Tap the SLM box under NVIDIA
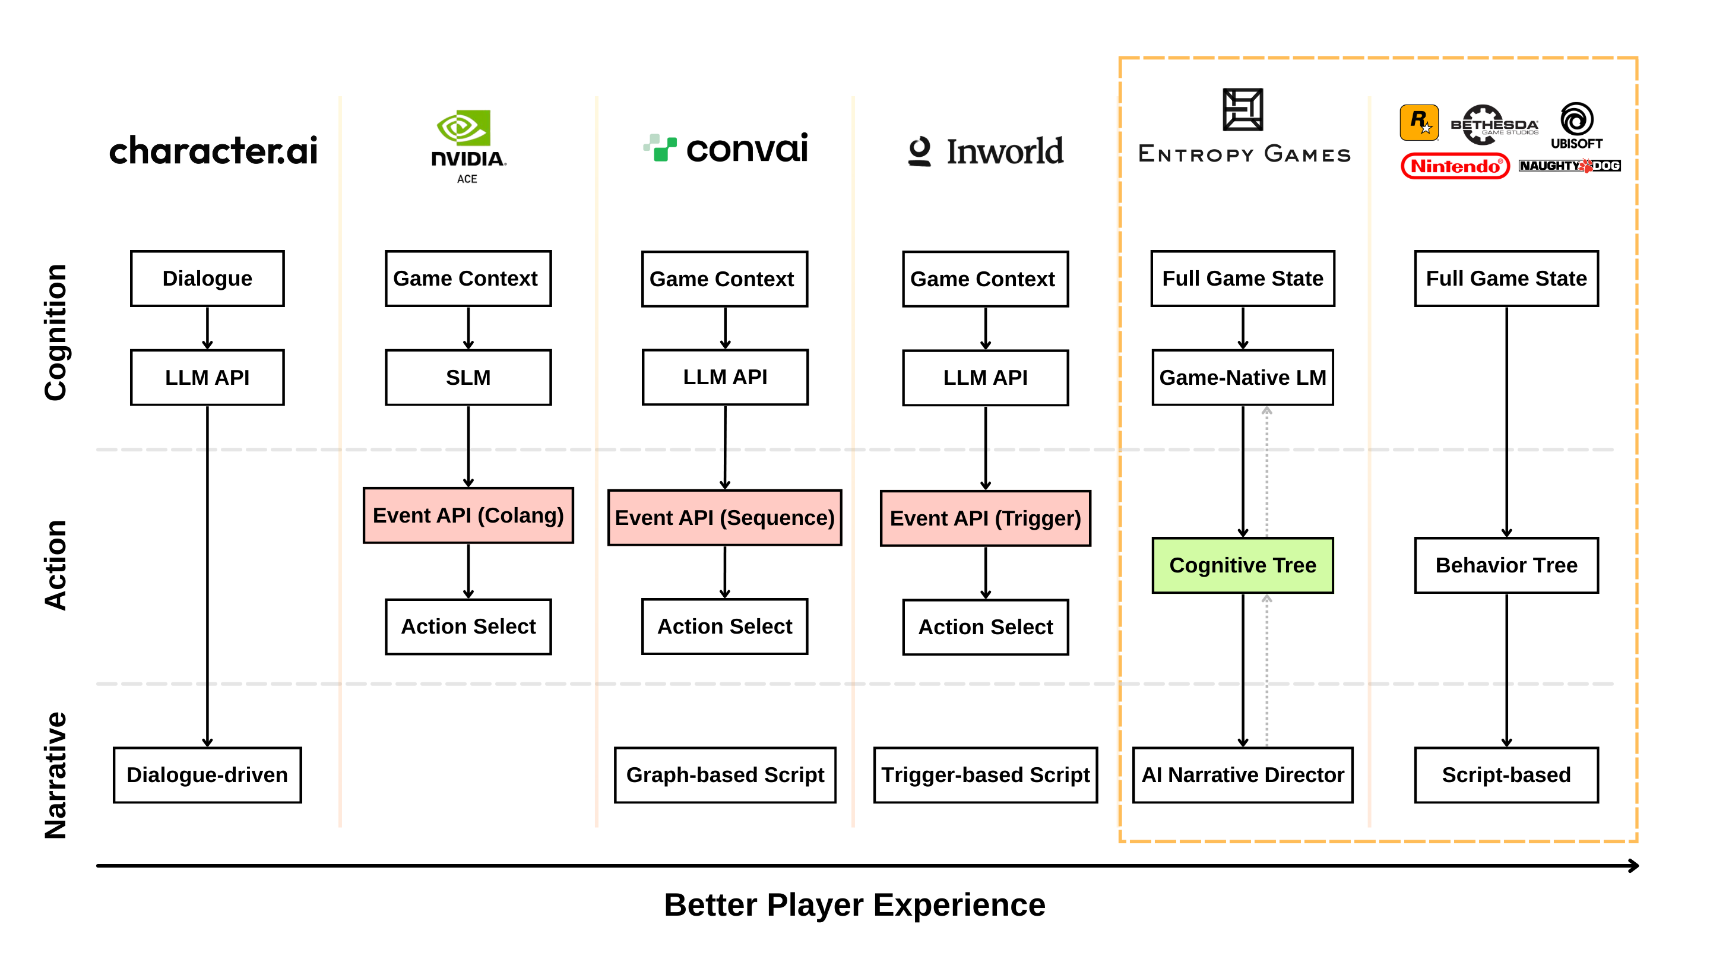point(468,377)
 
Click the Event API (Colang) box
point(468,515)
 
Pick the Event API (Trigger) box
point(985,518)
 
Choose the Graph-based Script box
point(724,775)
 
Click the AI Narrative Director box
point(1242,775)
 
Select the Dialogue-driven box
point(207,775)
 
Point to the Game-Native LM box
point(1242,377)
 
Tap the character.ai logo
point(213,151)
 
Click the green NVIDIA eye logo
point(463,128)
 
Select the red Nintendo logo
point(1455,166)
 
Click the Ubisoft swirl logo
point(1576,119)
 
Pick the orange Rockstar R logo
point(1418,122)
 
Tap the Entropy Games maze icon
point(1242,109)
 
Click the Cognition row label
point(55,332)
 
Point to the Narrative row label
point(55,775)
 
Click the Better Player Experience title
point(854,904)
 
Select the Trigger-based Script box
point(985,775)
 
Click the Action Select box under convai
point(724,626)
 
